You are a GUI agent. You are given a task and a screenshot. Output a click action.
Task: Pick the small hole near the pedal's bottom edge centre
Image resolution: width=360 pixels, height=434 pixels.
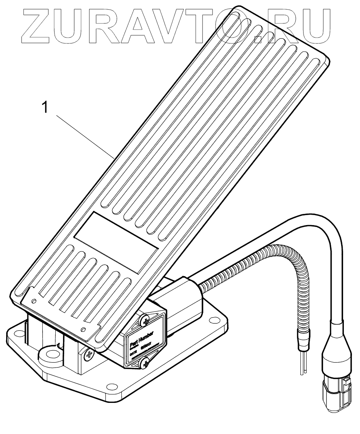click(x=83, y=329)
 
